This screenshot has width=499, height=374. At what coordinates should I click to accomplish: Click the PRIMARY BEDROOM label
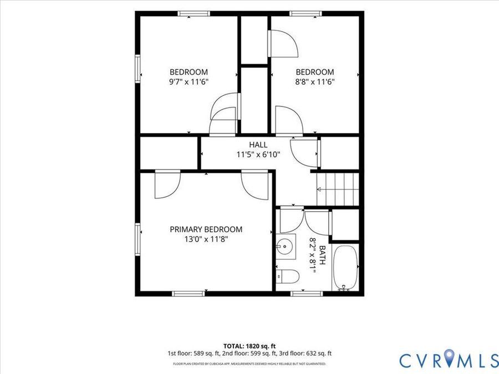[x=206, y=229]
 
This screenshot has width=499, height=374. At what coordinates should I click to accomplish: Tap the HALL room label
[x=258, y=145]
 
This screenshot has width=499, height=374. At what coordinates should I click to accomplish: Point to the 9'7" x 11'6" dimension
[x=189, y=82]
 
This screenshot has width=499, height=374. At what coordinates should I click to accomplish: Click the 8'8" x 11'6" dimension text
[x=315, y=82]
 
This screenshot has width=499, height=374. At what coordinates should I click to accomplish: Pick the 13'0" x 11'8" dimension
[x=206, y=239]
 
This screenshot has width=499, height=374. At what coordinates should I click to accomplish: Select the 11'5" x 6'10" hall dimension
[x=258, y=155]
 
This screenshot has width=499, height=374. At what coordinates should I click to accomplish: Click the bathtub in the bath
[x=345, y=268]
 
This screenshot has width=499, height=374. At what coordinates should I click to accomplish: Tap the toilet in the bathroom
[x=287, y=276]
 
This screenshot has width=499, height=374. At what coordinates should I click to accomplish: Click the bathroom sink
[x=286, y=247]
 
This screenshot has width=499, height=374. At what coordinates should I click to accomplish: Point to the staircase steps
[x=338, y=189]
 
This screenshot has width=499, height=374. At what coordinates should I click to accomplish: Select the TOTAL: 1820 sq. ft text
[x=249, y=346]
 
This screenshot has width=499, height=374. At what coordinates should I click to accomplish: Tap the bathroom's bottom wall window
[x=307, y=294]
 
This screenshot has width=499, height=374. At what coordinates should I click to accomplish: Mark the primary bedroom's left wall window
[x=138, y=239]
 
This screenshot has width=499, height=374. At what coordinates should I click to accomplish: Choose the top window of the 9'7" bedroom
[x=194, y=13]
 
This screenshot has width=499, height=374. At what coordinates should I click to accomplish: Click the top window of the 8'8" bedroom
[x=305, y=13]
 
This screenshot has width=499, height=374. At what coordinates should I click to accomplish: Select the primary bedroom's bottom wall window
[x=189, y=294]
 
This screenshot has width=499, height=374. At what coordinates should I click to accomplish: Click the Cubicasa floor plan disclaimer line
[x=249, y=363]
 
